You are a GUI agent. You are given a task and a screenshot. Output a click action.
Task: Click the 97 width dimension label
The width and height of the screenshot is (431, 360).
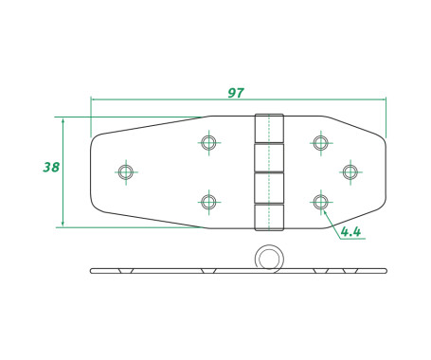[236, 93]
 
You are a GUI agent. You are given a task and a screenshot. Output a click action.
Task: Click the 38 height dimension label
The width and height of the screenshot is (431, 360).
[51, 167]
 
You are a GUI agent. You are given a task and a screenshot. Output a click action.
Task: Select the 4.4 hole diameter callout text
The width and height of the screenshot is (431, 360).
[350, 232]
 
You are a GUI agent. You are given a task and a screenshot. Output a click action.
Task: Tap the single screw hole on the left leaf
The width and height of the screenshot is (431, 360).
[126, 172]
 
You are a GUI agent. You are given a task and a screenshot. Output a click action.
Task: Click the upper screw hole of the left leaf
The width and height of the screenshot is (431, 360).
[208, 142]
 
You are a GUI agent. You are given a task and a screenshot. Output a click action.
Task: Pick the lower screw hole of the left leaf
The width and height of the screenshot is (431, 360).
[208, 202]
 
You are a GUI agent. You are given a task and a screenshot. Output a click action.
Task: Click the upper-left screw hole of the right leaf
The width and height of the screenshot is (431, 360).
[321, 143]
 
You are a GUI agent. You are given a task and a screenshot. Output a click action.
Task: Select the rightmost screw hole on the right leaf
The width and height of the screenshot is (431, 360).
[350, 172]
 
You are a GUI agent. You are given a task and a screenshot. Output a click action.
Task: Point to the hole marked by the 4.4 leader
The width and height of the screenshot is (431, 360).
[321, 202]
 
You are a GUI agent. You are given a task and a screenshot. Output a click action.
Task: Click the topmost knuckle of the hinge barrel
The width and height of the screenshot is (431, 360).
[269, 128]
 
